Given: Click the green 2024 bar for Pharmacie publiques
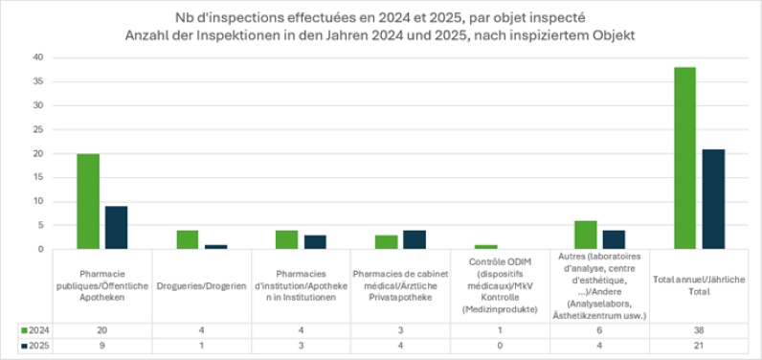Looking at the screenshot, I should pos(88,201).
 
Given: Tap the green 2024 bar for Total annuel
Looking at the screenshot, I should pos(684,158).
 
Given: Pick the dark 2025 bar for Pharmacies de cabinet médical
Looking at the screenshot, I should pos(414,239).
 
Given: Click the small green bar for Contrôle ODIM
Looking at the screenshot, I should pos(485,247).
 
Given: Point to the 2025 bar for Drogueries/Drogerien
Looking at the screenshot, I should pos(215,247).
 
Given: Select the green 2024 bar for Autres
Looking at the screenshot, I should pos(585,235).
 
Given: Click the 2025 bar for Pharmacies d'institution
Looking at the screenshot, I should pos(315,242).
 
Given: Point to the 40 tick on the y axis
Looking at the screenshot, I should pos(37,57).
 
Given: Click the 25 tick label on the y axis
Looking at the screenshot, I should pos(37,129).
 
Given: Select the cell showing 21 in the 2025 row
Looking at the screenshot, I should pos(698,346).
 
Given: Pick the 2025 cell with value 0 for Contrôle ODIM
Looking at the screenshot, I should pos(500,346).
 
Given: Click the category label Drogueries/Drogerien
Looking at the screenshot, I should pos(202,285).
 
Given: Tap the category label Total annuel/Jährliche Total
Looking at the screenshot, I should pos(698,285).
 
